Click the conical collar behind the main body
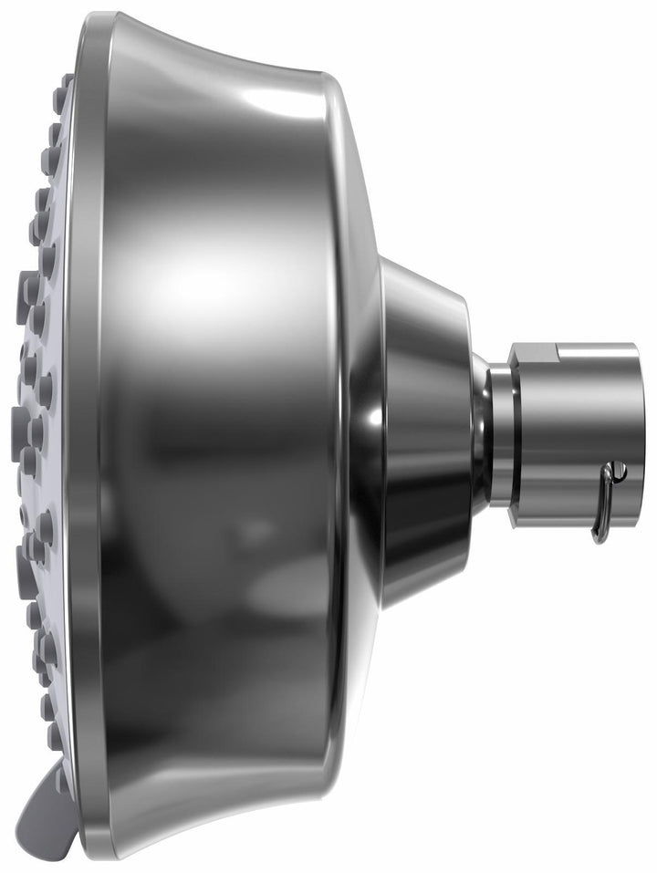[x=424, y=429]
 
